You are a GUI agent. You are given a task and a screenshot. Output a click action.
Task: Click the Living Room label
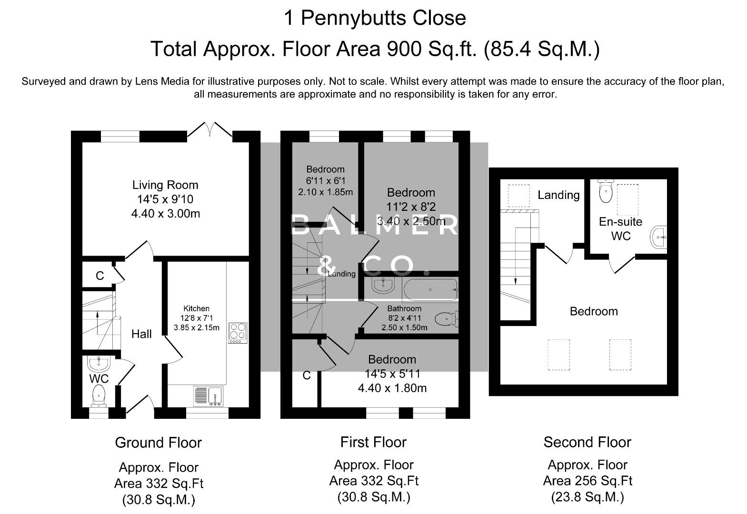point(165,185)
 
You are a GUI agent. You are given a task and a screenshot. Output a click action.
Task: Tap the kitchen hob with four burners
point(238,333)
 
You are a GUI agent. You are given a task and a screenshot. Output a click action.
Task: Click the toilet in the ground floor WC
point(99,395)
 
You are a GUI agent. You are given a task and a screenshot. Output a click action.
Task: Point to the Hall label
point(141,334)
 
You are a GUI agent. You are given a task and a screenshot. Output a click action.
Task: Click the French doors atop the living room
point(209,130)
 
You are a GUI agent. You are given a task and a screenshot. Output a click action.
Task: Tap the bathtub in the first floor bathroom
point(430,290)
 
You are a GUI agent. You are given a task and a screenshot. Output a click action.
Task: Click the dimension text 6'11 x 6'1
point(325,181)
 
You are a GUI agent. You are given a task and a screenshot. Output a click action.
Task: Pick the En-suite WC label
point(620,228)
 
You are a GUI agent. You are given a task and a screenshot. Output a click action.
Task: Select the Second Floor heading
point(587,442)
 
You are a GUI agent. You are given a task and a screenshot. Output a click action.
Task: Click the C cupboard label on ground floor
point(100,276)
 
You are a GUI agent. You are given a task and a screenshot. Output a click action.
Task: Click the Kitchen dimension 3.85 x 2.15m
point(197,327)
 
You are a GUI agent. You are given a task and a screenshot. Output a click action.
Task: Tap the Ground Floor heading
point(158,443)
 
